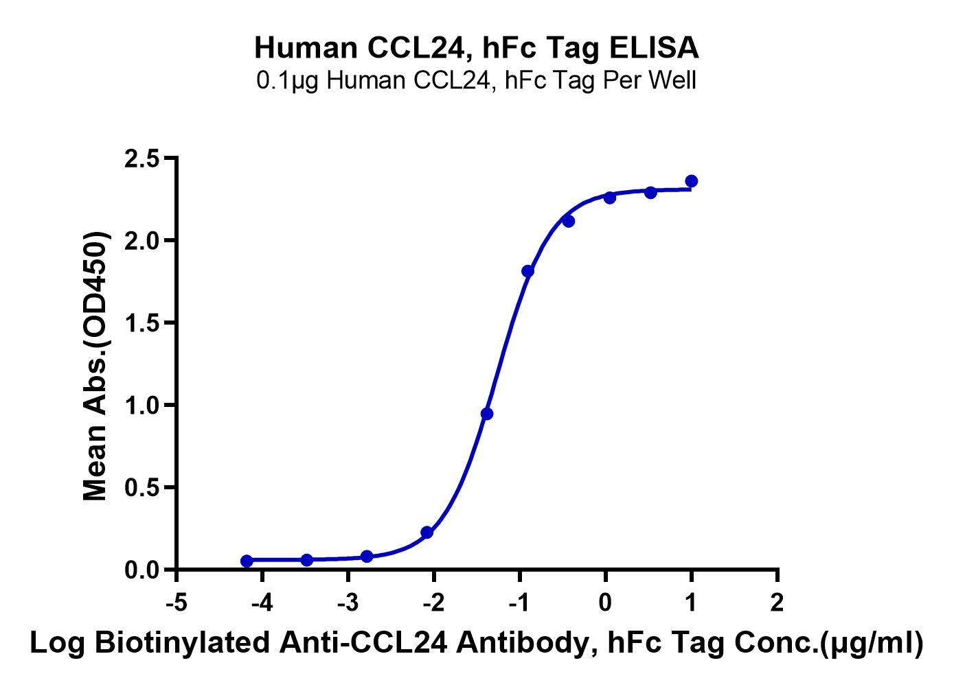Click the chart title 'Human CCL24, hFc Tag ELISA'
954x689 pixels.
coord(477,48)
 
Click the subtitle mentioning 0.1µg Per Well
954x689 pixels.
coord(477,81)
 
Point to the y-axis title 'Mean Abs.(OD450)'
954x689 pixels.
coord(96,367)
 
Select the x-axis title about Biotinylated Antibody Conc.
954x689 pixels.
coord(477,644)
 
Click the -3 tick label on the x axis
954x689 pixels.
coord(348,603)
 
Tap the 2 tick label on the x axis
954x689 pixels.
coord(777,603)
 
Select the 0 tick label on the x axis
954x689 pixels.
coord(605,603)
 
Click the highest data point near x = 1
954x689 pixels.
coord(692,181)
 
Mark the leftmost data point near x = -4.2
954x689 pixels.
coord(247,561)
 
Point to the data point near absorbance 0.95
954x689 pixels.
coord(487,414)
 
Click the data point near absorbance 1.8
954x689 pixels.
coord(527,271)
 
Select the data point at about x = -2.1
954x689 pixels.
coord(427,533)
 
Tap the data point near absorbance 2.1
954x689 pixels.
coord(568,221)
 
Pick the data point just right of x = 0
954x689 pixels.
coord(610,198)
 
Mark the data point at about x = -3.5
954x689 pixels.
coord(307,560)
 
